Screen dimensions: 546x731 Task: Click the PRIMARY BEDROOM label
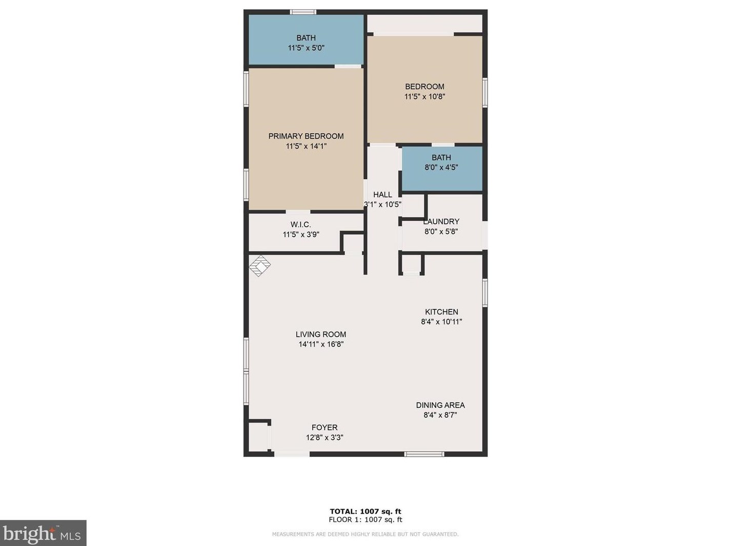pyautogui.click(x=306, y=136)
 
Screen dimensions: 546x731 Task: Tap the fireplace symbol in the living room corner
pyautogui.click(x=259, y=266)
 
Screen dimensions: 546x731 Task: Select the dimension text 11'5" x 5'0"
pyautogui.click(x=306, y=48)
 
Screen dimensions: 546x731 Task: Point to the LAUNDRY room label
pyautogui.click(x=441, y=222)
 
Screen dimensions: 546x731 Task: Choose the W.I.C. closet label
pyautogui.click(x=301, y=225)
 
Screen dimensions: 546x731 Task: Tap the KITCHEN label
pyautogui.click(x=441, y=312)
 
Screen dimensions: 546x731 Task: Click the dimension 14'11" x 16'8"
pyautogui.click(x=321, y=344)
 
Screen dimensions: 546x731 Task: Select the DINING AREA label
pyautogui.click(x=440, y=405)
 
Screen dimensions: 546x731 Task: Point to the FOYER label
pyautogui.click(x=324, y=428)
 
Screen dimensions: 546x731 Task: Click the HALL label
pyautogui.click(x=382, y=195)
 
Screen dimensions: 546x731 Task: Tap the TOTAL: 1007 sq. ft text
pyautogui.click(x=365, y=511)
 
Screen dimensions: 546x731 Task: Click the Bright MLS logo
pyautogui.click(x=43, y=533)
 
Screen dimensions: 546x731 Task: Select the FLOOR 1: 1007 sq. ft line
pyautogui.click(x=365, y=519)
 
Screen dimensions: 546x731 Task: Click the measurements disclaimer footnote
pyautogui.click(x=365, y=534)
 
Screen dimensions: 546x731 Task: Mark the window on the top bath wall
pyautogui.click(x=303, y=12)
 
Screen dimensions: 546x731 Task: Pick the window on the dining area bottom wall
pyautogui.click(x=424, y=454)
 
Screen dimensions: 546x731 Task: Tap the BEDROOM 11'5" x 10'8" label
pyautogui.click(x=424, y=91)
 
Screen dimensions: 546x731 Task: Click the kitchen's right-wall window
pyautogui.click(x=485, y=293)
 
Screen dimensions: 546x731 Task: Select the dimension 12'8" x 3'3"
pyautogui.click(x=324, y=437)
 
